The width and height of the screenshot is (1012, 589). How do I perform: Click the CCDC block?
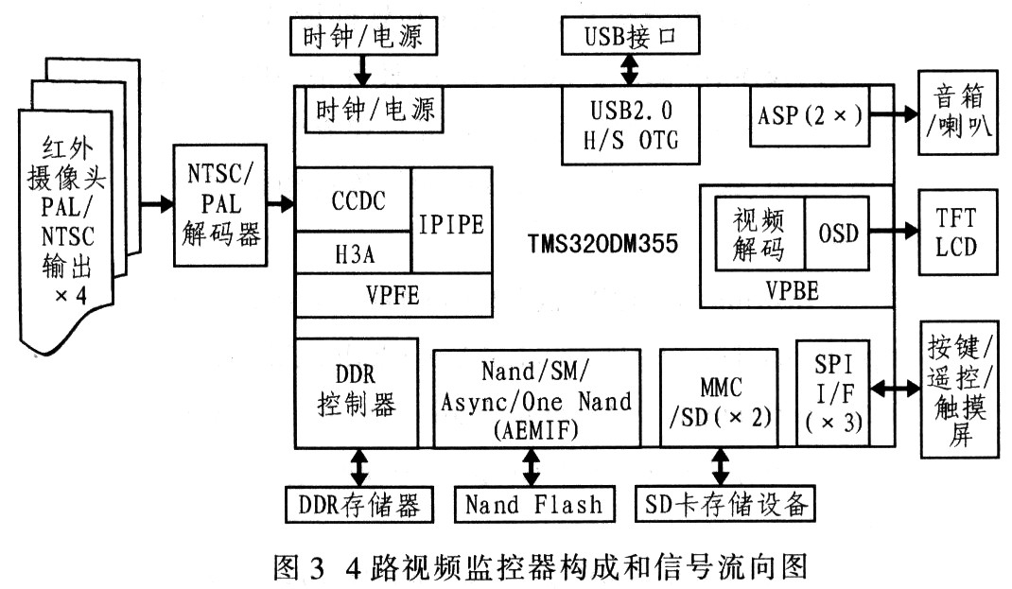coord(353,201)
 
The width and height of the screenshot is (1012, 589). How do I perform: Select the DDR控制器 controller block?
coord(357,391)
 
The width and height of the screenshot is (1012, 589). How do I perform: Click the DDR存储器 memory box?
coord(358,503)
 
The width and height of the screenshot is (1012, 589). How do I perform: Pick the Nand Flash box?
coord(533,503)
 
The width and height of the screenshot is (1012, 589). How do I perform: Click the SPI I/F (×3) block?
coord(831,391)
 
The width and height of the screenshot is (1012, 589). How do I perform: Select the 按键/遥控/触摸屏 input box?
coord(960,389)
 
